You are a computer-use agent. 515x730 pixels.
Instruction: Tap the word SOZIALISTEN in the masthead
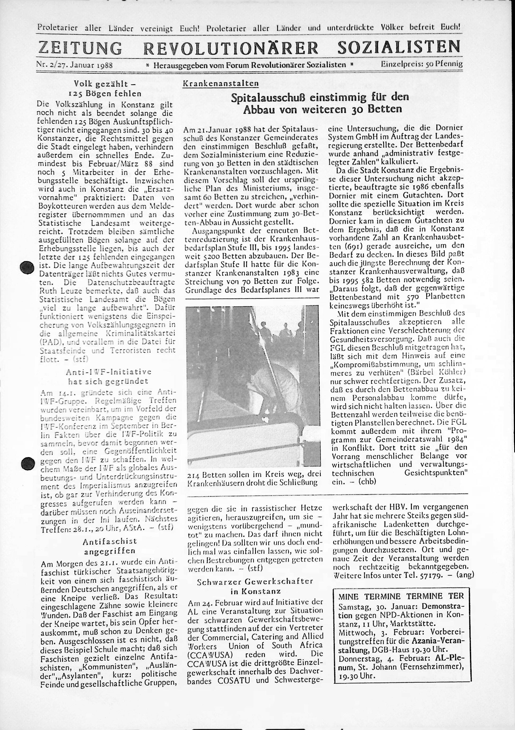(399, 47)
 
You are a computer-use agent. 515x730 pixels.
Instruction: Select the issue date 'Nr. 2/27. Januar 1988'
(75, 65)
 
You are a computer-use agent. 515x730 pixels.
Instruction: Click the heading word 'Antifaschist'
(110, 541)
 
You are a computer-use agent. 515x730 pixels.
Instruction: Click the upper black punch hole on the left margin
(27, 267)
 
